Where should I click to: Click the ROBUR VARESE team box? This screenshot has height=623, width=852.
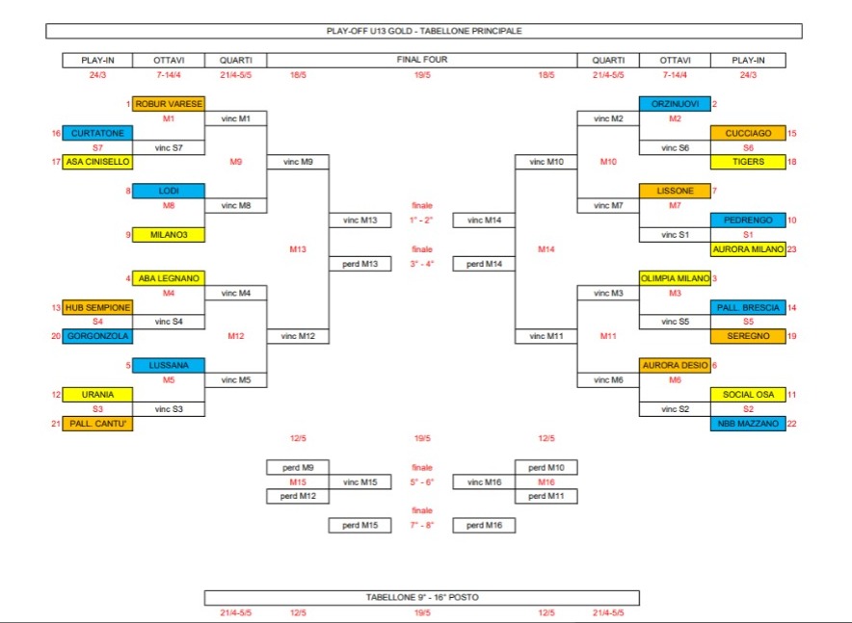[x=168, y=104]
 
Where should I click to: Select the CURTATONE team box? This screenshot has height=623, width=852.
[x=96, y=133]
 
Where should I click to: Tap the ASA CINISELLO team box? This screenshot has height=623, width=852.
[x=96, y=162]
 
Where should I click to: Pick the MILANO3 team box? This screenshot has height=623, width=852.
[x=168, y=234]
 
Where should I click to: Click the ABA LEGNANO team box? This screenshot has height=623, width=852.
[x=168, y=278]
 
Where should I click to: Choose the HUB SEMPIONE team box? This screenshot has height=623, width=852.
[x=96, y=307]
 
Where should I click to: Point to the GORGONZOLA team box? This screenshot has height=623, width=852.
[x=96, y=336]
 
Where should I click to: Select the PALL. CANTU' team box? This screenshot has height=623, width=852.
[x=96, y=424]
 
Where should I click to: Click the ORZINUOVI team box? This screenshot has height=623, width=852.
[x=675, y=104]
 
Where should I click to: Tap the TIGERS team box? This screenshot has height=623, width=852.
[x=747, y=162]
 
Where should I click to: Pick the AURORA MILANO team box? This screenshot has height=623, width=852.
[x=747, y=249]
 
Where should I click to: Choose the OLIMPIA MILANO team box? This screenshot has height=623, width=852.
[x=675, y=278]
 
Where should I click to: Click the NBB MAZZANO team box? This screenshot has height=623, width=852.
[x=747, y=424]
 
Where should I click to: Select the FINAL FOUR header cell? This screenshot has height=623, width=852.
[x=422, y=60]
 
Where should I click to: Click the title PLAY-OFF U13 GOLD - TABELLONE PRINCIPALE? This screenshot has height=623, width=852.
[x=424, y=31]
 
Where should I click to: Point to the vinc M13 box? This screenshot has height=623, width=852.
[x=359, y=221]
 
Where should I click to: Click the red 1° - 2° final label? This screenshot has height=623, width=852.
[x=422, y=221]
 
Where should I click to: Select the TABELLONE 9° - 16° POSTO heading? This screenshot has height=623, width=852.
[x=422, y=597]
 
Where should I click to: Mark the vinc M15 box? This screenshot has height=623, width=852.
[x=359, y=481]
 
